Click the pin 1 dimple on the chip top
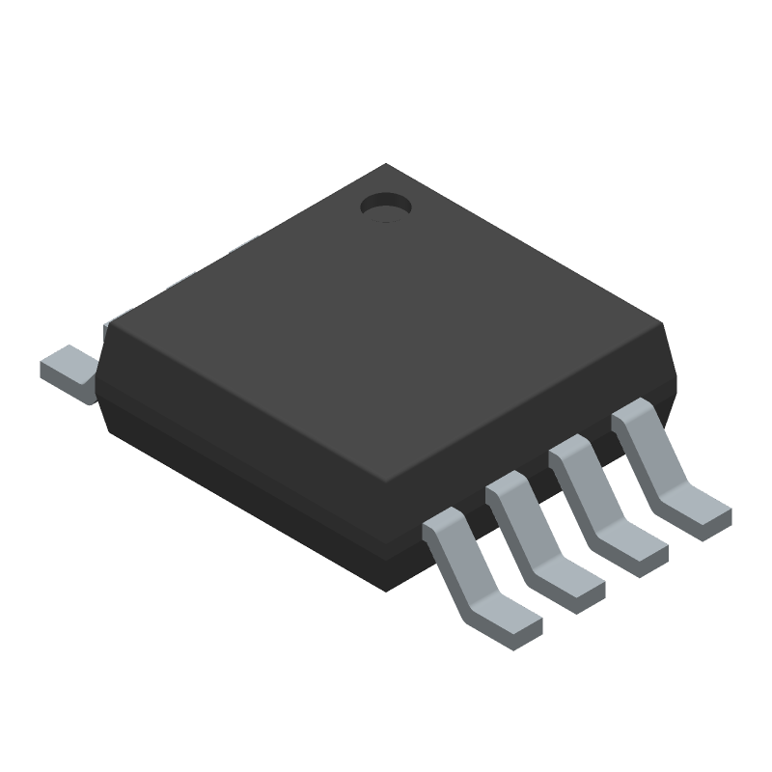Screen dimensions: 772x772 384,206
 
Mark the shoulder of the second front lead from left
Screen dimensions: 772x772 509,490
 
